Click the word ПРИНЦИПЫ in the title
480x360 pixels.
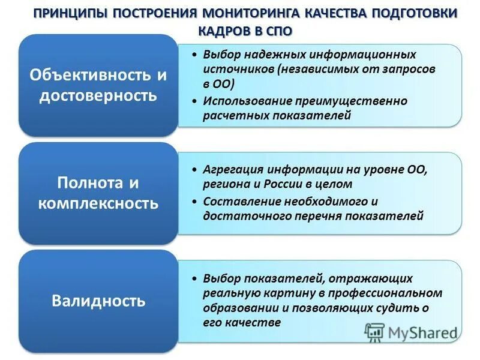coord(68,13)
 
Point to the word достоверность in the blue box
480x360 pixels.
coord(98,95)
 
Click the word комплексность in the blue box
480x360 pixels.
coord(98,203)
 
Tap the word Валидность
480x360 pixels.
coord(98,300)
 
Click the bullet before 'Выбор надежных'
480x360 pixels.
coord(195,55)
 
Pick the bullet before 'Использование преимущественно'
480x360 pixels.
coord(195,101)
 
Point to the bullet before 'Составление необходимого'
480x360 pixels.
coord(195,202)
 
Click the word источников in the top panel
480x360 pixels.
coord(238,69)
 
